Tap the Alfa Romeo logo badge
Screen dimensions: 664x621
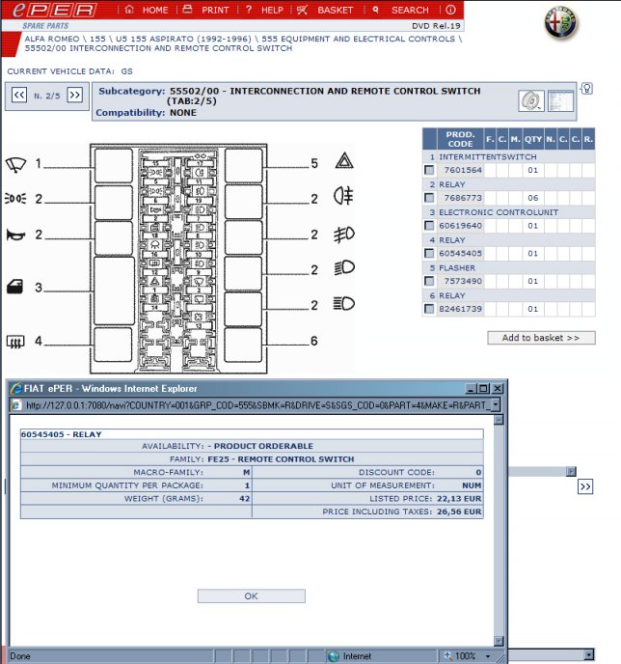point(560,25)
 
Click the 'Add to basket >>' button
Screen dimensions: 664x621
point(541,338)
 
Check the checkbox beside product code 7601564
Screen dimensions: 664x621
point(429,170)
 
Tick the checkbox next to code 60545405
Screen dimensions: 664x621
point(429,254)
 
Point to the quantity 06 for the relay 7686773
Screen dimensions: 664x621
point(531,198)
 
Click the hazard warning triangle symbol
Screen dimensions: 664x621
point(342,163)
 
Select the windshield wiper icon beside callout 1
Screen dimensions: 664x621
point(16,163)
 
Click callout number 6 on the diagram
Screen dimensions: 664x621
point(314,341)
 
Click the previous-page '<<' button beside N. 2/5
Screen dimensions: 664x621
point(19,95)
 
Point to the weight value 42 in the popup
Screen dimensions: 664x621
point(244,498)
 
